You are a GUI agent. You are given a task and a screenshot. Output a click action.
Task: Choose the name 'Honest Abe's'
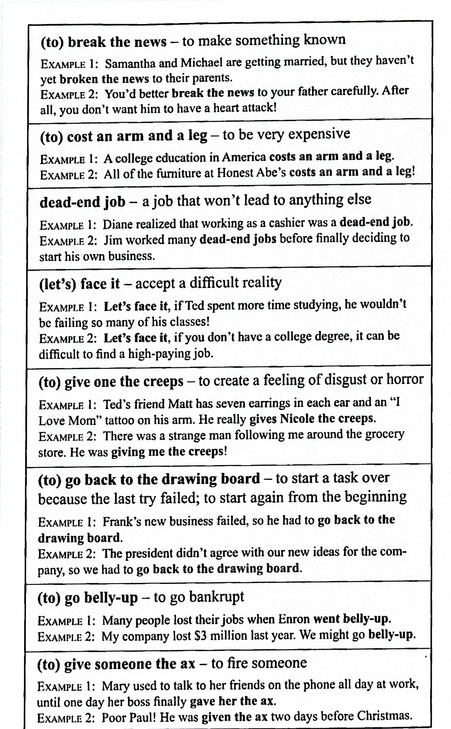click(251, 173)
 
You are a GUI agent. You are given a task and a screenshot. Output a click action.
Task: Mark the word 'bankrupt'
click(217, 597)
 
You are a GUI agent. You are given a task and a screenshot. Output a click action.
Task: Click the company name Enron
click(294, 619)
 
